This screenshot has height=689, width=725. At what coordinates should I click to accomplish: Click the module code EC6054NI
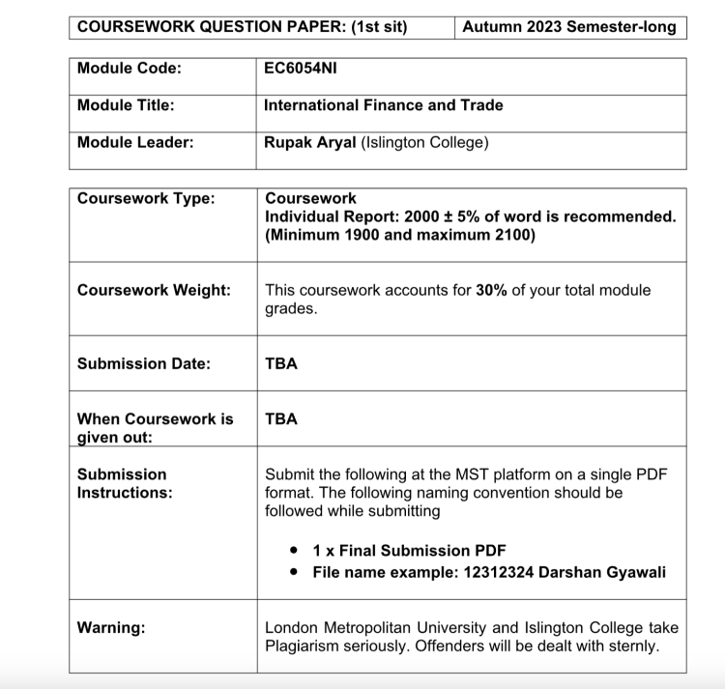301,69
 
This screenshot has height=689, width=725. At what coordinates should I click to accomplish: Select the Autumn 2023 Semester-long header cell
571,27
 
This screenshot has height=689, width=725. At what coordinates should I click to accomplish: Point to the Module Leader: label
135,142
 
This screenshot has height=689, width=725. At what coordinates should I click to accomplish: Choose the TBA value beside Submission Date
281,364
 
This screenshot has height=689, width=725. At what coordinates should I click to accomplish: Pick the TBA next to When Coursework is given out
281,419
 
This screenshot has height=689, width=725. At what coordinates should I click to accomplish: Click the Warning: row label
111,628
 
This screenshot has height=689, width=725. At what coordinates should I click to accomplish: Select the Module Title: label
126,105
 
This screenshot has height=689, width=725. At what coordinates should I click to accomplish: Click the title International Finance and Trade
384,105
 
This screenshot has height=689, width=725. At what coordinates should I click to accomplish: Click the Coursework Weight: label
154,290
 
